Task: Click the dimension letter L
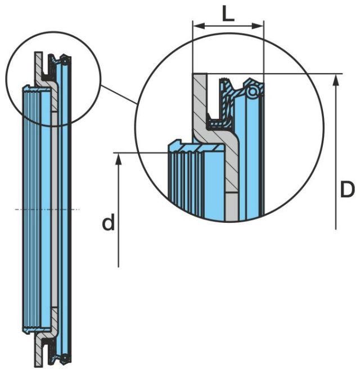pos(227,12)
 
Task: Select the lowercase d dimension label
pos(108,223)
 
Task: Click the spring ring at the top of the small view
pos(66,57)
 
